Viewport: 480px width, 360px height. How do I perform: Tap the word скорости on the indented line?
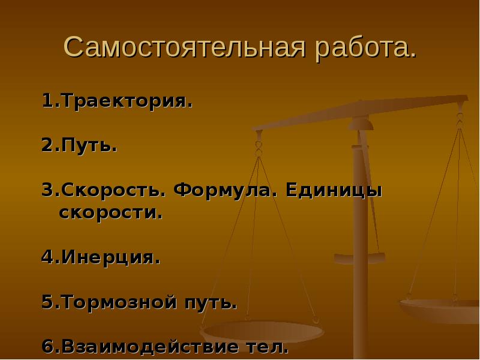pyautogui.click(x=110, y=213)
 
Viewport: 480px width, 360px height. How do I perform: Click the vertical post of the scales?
pyautogui.click(x=360, y=252)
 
